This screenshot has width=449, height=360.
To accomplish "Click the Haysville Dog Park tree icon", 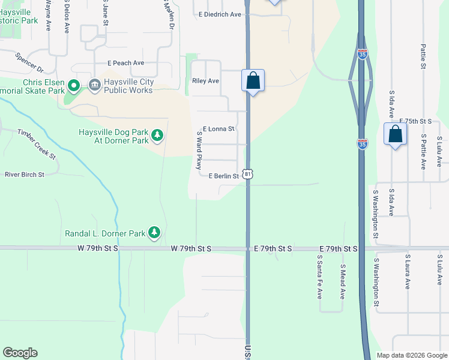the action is (x=157, y=135).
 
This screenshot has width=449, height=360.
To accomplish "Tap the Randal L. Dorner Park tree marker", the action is (x=154, y=232).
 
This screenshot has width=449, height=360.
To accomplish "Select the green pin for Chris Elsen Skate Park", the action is (x=73, y=86).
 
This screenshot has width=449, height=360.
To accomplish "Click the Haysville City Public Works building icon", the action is (x=94, y=86).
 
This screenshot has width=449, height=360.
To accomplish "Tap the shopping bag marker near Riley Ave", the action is (x=253, y=81).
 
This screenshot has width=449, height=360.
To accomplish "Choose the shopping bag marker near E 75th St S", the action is (x=396, y=134).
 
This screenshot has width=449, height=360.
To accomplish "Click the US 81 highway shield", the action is (x=247, y=174).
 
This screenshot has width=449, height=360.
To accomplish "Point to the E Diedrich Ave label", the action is (x=221, y=14).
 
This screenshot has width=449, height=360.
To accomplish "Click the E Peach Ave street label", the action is (x=126, y=62).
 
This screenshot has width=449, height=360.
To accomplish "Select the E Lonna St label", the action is (x=218, y=128).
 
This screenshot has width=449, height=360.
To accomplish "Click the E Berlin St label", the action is (x=224, y=176).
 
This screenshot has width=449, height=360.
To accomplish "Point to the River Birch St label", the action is (x=25, y=175).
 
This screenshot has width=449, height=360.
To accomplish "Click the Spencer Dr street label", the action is (x=30, y=62).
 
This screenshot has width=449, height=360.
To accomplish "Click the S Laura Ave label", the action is (x=407, y=274).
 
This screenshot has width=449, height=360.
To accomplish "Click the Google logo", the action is (x=20, y=353).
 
